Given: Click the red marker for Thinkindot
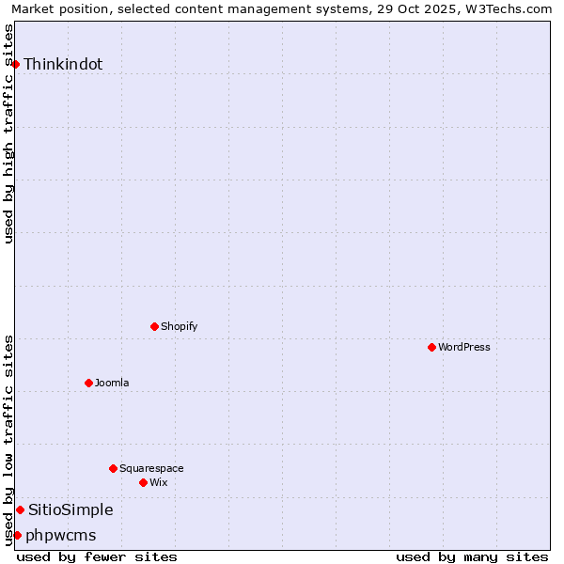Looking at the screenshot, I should tap(16, 64).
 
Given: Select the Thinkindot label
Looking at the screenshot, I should tap(63, 65).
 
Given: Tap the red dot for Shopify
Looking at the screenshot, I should tap(155, 326).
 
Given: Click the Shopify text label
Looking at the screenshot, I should tap(179, 327).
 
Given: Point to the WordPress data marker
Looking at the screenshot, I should tap(431, 347).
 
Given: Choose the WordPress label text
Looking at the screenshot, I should tap(464, 348).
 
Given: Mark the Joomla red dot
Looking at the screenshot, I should tap(88, 383).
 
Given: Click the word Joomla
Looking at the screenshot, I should tap(112, 384).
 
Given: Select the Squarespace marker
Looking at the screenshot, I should tap(113, 468).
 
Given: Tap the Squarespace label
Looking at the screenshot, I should tap(151, 469).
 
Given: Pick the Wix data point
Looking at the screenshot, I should tap(143, 482).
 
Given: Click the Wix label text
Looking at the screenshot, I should tap(159, 483).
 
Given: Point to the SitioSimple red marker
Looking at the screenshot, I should tap(20, 509).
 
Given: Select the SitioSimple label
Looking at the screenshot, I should tap(70, 510).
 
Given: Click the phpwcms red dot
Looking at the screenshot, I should tap(17, 535).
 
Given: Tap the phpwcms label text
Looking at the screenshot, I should tap(61, 536).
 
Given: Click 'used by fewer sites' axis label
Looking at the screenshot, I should tap(97, 556).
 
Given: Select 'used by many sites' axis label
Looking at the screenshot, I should tap(472, 556).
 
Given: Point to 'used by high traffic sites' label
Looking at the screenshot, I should tap(9, 133).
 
